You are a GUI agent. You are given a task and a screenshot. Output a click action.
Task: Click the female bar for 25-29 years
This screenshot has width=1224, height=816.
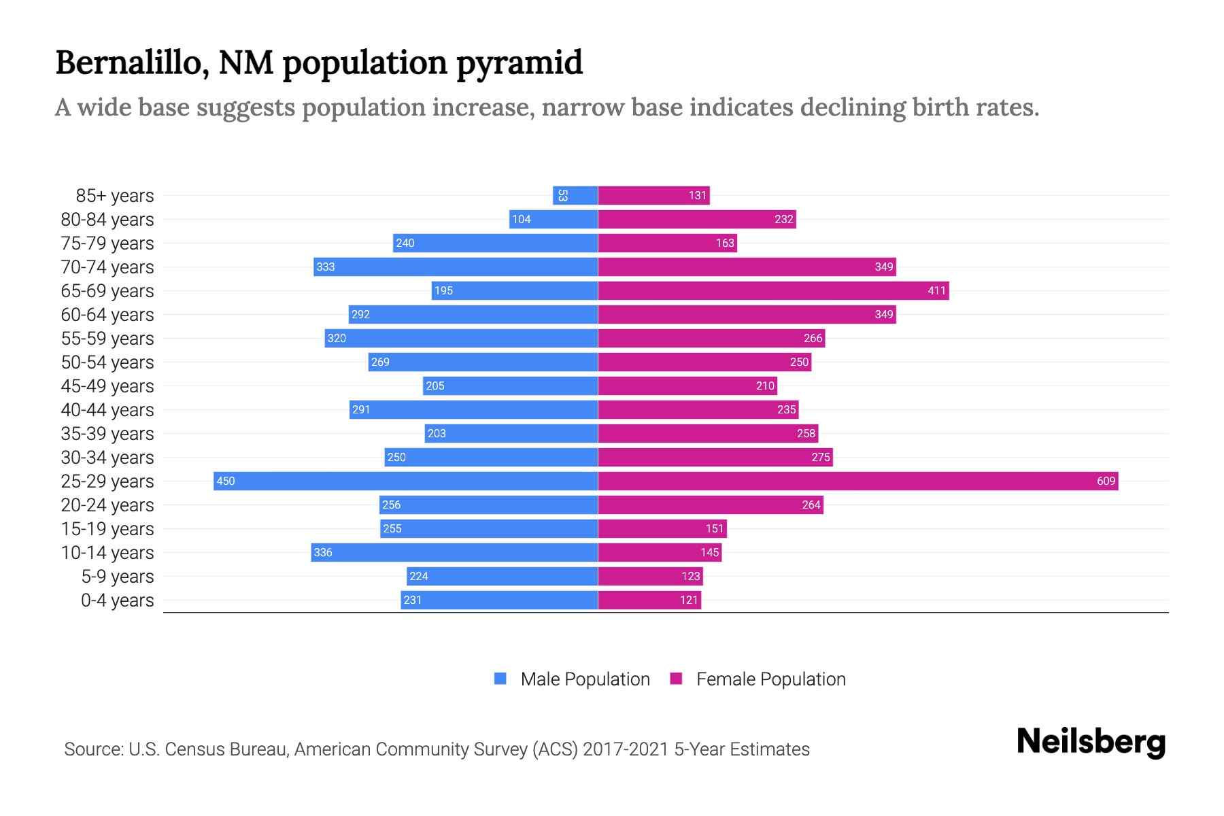858,481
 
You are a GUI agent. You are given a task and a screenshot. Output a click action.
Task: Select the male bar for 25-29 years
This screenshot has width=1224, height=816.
406,481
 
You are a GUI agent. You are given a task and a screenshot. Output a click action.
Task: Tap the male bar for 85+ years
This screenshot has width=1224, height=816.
575,195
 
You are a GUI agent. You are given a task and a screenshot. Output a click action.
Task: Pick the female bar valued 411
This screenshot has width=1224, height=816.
773,290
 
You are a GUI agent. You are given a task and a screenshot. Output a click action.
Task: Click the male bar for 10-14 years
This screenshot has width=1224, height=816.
454,552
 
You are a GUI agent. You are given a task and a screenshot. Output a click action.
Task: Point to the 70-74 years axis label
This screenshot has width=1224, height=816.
107,267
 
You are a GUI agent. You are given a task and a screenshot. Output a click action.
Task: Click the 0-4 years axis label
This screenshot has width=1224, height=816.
117,600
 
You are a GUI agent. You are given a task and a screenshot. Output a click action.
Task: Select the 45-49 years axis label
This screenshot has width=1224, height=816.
107,386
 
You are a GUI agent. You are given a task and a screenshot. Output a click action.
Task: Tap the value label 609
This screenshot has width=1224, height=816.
1106,481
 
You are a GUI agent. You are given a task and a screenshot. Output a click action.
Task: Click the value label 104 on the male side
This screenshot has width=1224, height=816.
522,219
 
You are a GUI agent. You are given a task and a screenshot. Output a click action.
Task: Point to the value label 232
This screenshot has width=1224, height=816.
783,219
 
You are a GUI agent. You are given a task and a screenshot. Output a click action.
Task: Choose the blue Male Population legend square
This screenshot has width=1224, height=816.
500,679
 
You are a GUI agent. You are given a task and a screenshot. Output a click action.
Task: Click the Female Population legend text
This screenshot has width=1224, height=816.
770,679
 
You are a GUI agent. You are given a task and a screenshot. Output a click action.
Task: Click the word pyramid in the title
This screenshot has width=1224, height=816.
519,63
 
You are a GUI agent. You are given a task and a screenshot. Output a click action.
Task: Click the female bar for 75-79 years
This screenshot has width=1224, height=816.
667,243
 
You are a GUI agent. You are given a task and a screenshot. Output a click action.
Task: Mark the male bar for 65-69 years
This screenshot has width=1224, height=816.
515,290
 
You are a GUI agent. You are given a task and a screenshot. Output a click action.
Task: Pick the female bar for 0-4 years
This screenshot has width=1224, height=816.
649,600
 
